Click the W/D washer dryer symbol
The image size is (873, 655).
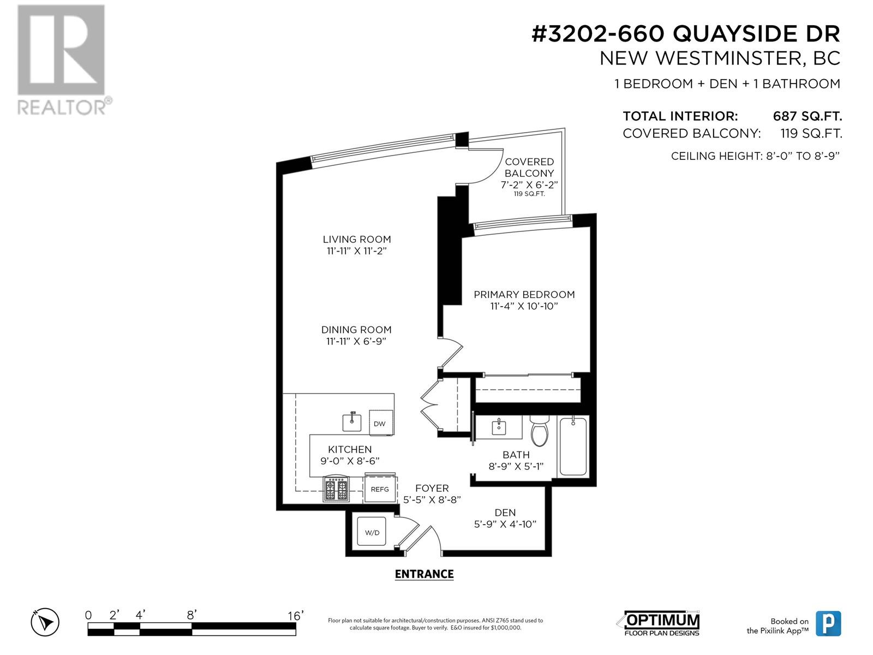pyautogui.click(x=372, y=532)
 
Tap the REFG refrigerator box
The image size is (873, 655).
pyautogui.click(x=380, y=489)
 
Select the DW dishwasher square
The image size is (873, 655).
pyautogui.click(x=380, y=423)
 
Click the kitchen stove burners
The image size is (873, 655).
pyautogui.click(x=337, y=489)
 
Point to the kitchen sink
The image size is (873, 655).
pyautogui.click(x=352, y=421)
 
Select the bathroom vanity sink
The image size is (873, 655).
pyautogui.click(x=499, y=426)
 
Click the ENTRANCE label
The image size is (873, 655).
pyautogui.click(x=424, y=574)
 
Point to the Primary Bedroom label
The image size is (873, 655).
pyautogui.click(x=524, y=295)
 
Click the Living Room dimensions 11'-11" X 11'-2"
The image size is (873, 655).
pyautogui.click(x=356, y=251)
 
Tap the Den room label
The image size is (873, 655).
pyautogui.click(x=505, y=513)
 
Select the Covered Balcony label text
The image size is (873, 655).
pyautogui.click(x=529, y=168)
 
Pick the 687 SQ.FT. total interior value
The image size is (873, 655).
pyautogui.click(x=807, y=116)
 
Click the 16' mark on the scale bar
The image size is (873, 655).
pyautogui.click(x=295, y=616)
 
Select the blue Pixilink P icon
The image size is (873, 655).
pyautogui.click(x=828, y=623)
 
